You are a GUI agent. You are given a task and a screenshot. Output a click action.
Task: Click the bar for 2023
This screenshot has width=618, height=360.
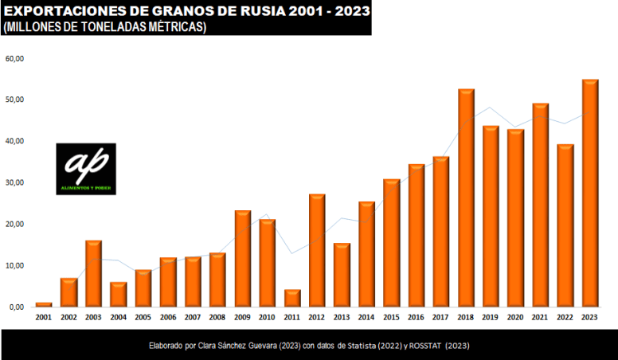590,193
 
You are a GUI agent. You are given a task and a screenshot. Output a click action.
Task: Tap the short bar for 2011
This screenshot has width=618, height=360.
292,298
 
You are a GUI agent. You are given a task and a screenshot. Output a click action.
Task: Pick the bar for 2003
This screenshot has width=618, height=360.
93,273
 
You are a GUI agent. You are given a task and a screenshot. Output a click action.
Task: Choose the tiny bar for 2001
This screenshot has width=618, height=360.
44,304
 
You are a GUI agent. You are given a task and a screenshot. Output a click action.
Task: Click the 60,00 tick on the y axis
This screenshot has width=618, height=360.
15,59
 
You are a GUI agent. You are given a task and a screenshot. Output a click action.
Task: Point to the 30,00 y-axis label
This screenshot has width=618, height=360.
15,183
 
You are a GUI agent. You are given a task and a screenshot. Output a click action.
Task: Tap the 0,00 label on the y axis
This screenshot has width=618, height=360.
18,307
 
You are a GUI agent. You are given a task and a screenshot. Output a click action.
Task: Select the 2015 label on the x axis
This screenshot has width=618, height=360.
391,317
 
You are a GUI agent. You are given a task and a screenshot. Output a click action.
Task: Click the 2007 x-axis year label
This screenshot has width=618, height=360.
193,317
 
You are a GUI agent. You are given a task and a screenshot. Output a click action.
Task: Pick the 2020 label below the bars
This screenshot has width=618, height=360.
515,317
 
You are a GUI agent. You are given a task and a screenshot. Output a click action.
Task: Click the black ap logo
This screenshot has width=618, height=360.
86,169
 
